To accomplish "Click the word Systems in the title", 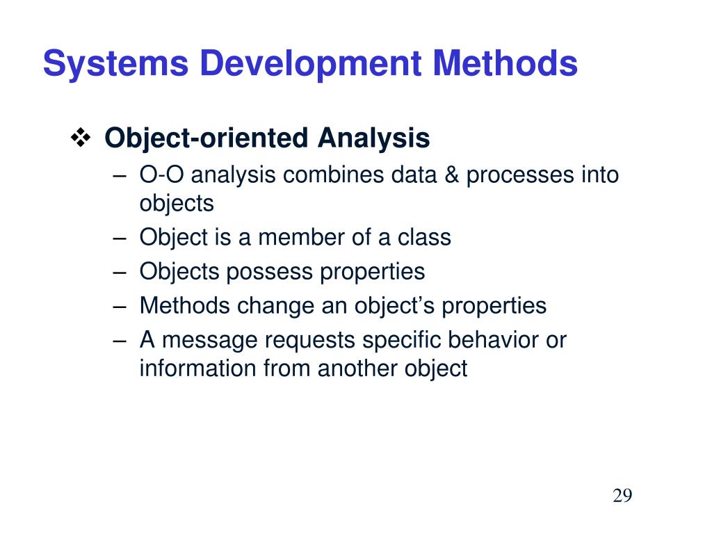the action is coord(115,64).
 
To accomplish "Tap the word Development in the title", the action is coord(311,64).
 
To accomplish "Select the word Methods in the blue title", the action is coord(505,63).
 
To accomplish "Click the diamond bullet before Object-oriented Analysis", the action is coord(81,138).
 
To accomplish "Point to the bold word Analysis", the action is coord(373,138).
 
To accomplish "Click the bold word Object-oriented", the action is coord(207,138).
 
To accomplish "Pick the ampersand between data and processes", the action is coord(451,175).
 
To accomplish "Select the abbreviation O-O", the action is coord(161,175).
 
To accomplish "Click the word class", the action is coord(424,237).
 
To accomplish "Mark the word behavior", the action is coord(493,339).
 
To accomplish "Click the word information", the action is coord(197,368).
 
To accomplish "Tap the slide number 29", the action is coord(622,495).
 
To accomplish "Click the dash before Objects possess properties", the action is coord(120,273).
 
